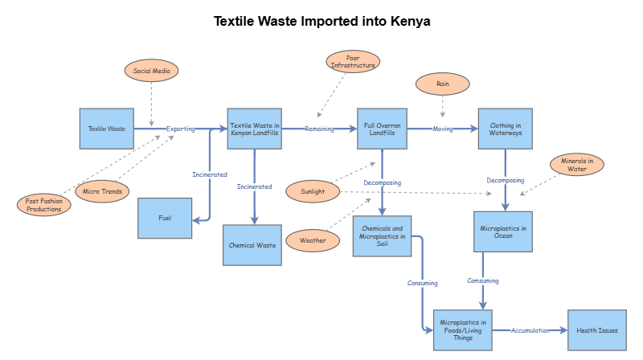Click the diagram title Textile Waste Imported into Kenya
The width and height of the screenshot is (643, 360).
click(x=321, y=21)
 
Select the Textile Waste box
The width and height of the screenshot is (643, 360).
click(x=107, y=129)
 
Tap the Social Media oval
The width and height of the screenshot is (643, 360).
click(x=152, y=71)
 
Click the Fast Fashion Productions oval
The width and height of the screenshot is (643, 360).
click(x=44, y=204)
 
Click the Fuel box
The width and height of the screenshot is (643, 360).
click(x=165, y=218)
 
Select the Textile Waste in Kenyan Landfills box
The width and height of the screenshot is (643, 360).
click(x=255, y=129)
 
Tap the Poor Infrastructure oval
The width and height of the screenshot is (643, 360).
click(x=353, y=61)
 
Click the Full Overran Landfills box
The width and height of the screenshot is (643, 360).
click(x=383, y=129)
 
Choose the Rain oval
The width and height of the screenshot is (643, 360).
click(x=442, y=84)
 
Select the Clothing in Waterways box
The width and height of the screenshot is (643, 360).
click(x=506, y=129)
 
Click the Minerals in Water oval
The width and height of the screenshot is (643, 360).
click(x=576, y=164)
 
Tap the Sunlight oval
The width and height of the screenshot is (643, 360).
click(x=313, y=191)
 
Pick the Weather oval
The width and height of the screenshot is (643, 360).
click(x=313, y=240)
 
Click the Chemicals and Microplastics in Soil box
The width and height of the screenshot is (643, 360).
click(x=383, y=235)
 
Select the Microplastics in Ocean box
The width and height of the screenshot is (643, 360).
click(x=503, y=232)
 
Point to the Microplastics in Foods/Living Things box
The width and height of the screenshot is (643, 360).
click(x=463, y=329)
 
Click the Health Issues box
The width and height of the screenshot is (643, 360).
click(x=597, y=329)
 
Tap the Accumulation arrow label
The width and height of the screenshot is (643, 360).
click(x=530, y=330)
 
